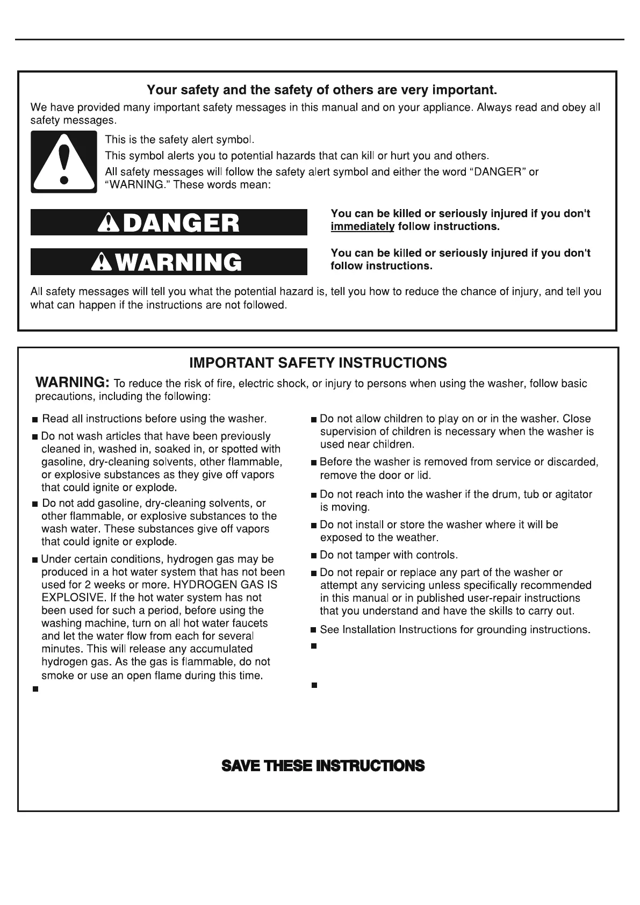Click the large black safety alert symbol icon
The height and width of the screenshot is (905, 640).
64,162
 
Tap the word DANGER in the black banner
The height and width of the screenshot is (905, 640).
181,223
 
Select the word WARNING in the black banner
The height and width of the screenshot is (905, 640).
179,262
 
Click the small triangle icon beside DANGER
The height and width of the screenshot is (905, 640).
109,223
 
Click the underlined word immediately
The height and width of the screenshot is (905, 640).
362,227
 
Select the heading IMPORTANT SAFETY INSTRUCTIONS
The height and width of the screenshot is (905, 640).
318,363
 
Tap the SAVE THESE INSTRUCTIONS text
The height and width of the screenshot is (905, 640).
323,765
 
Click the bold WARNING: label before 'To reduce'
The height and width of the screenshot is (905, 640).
73,383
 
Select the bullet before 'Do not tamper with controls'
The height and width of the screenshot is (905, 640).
314,556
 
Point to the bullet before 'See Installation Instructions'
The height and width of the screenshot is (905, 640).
314,630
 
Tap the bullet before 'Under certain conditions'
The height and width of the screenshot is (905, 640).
35,561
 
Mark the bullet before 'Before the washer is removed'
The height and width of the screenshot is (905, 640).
314,463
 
